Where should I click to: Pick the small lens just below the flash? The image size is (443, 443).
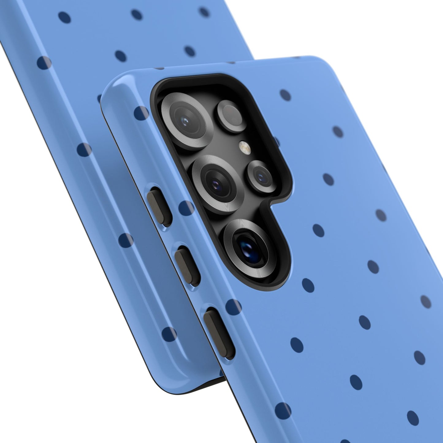pos(262,176)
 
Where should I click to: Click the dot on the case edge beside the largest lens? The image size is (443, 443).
pos(142,113)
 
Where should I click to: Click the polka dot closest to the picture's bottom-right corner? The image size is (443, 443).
pos(413,417)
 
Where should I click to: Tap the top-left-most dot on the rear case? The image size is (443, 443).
pos(64,17)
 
